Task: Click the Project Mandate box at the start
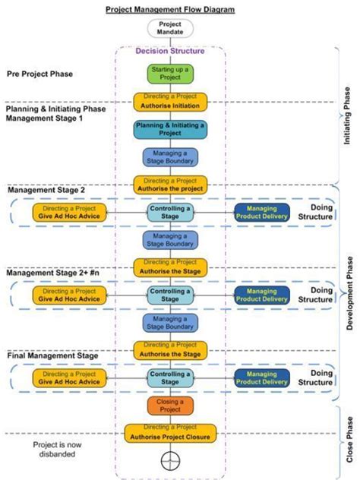coord(170,29)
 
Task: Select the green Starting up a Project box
coord(170,74)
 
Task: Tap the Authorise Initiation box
coord(170,101)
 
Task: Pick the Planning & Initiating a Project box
coord(170,129)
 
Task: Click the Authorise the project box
coord(170,185)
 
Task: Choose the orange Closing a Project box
coord(170,406)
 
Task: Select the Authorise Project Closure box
coord(170,433)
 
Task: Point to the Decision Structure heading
coord(170,52)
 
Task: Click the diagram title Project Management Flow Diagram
coord(170,8)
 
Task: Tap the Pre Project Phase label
coord(40,74)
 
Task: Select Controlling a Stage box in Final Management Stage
coord(170,378)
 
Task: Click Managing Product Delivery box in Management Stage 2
coord(261,213)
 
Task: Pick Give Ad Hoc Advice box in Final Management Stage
coord(69,378)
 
